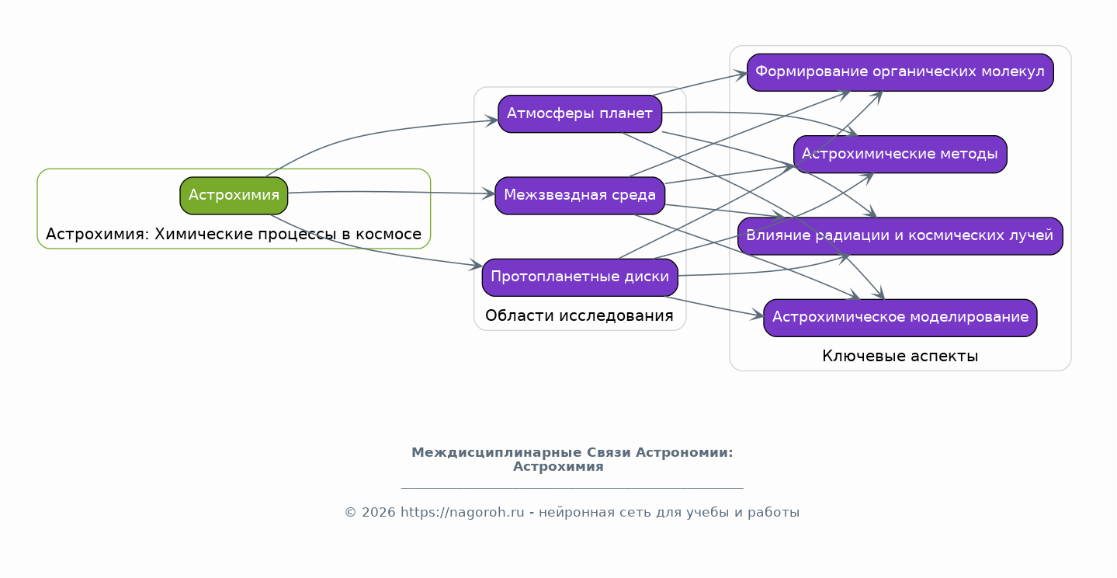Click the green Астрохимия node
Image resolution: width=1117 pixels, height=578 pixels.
[x=234, y=195]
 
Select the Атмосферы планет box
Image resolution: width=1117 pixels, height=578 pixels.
[x=579, y=114]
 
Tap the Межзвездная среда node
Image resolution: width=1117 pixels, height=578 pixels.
[x=579, y=195]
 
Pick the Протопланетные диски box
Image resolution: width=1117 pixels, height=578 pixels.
[x=579, y=277]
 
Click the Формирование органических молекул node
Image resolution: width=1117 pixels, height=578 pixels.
[x=900, y=72]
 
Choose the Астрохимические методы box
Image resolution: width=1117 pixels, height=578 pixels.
[x=900, y=154]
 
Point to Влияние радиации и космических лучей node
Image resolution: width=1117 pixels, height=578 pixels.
[x=900, y=235]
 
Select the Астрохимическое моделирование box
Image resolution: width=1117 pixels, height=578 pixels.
[x=900, y=317]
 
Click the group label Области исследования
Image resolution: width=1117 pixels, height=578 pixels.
[x=579, y=315]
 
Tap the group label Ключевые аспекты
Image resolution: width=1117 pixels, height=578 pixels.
[x=900, y=356]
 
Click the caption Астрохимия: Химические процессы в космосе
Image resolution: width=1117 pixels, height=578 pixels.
[x=234, y=234]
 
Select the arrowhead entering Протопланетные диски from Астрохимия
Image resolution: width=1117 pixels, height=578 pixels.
[x=477, y=266]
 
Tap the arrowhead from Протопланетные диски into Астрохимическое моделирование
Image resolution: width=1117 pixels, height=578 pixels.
[x=759, y=316]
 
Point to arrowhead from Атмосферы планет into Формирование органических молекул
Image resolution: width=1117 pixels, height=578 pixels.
[x=743, y=75]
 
